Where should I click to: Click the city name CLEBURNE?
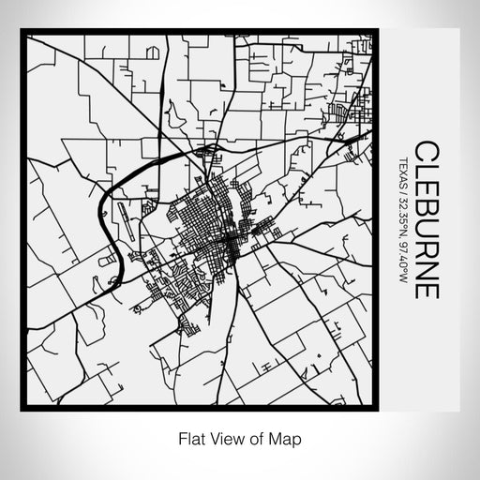pyautogui.click(x=426, y=220)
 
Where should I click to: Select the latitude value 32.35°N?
pyautogui.click(x=403, y=207)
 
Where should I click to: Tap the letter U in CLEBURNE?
pyautogui.click(x=426, y=225)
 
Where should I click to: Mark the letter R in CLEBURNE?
pyautogui.click(x=426, y=246)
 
